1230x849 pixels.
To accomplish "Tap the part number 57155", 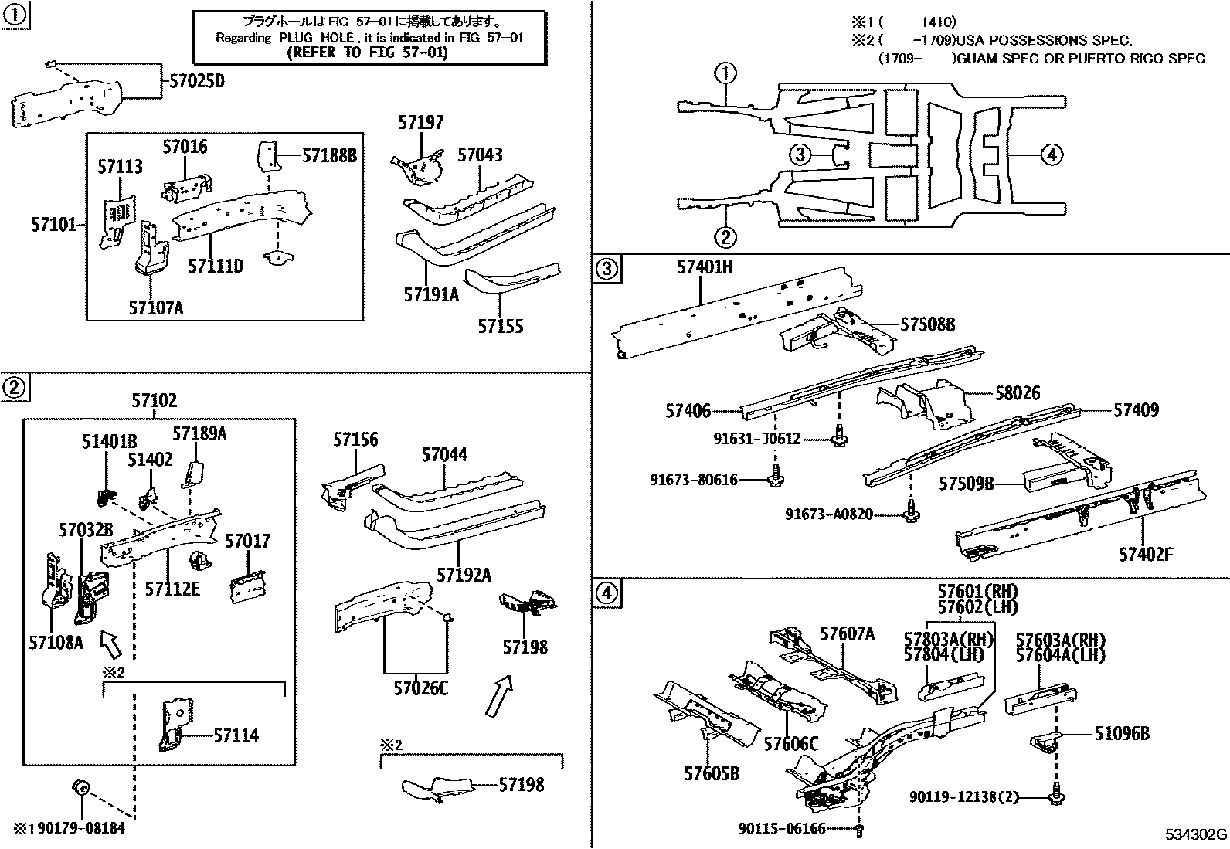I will (500, 327).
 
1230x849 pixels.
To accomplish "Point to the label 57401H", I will (704, 267).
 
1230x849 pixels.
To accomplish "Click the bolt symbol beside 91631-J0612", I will (839, 437).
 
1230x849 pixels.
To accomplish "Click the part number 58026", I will (1018, 393).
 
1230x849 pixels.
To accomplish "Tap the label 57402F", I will (1146, 554).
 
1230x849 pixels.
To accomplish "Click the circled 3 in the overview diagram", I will (800, 155).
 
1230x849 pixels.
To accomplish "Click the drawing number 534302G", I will (1196, 835).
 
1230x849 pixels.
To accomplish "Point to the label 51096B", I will (1121, 734).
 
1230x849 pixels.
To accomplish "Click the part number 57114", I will (236, 735).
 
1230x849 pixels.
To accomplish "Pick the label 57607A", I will (847, 634).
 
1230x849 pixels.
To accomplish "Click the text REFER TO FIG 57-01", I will (367, 53).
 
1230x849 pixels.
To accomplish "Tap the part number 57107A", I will (156, 307).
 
